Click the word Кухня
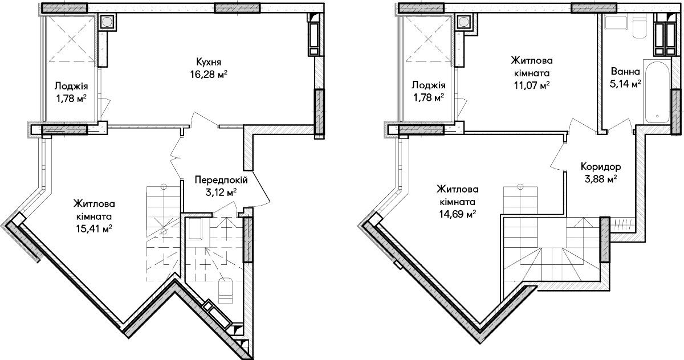pos(209,62)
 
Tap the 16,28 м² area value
pos(209,75)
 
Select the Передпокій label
pos(221,180)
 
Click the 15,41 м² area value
pos(94,229)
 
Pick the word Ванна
pos(625,72)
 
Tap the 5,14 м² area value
pos(625,84)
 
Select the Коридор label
pos(601,167)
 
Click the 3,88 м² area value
pos(601,179)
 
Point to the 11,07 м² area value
pos(532,86)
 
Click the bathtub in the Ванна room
pos(657,92)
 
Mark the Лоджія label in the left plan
pos(71,87)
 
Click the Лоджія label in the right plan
pos(429,85)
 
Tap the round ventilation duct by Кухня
pos(107,22)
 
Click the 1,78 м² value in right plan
pos(429,97)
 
